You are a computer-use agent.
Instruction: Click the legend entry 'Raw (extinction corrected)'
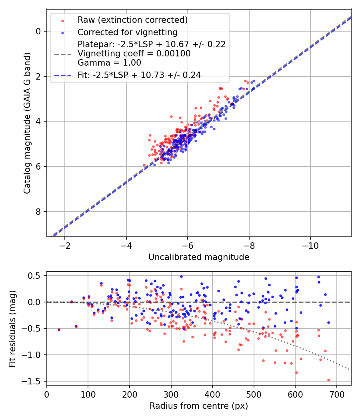132,20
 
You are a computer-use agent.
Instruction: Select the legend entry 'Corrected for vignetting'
127,32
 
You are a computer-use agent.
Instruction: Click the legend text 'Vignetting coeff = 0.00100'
134,53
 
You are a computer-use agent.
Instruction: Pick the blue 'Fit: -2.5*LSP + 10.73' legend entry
139,74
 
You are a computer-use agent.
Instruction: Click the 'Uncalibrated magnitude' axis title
199,257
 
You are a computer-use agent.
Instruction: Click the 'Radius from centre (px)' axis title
199,406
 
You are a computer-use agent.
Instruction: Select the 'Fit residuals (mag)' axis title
12,328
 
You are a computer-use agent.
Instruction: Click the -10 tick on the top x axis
310,245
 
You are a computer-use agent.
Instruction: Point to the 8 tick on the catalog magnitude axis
39,212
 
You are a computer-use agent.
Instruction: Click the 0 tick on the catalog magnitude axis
39,31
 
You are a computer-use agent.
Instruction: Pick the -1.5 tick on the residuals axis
32,382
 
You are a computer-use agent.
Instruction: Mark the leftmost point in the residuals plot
59,330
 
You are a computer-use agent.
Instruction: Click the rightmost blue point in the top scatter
254,81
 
